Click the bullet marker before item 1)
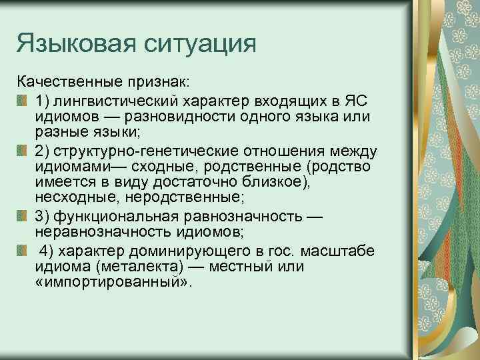click(23, 101)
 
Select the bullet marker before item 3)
click(23, 216)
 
